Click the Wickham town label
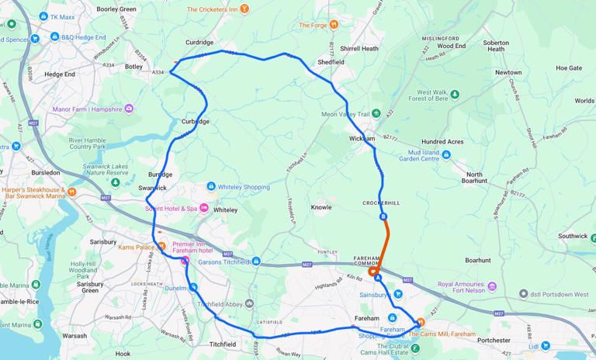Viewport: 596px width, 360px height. point(362,139)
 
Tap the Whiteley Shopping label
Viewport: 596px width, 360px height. point(244,187)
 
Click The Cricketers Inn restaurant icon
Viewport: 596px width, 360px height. point(244,9)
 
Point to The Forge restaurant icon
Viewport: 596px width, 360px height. point(334,25)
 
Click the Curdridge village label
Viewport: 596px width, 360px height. point(199,43)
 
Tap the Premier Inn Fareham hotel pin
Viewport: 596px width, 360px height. point(185,262)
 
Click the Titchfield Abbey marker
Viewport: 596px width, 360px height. point(250,304)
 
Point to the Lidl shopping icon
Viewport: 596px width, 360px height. point(546,346)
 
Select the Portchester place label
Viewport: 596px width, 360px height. point(494,340)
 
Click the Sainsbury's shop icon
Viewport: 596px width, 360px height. point(398,294)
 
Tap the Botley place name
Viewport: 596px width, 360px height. point(134,67)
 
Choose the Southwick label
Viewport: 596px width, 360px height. point(573,236)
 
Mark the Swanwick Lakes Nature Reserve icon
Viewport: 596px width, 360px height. point(115,183)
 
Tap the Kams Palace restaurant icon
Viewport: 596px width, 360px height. point(162,247)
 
